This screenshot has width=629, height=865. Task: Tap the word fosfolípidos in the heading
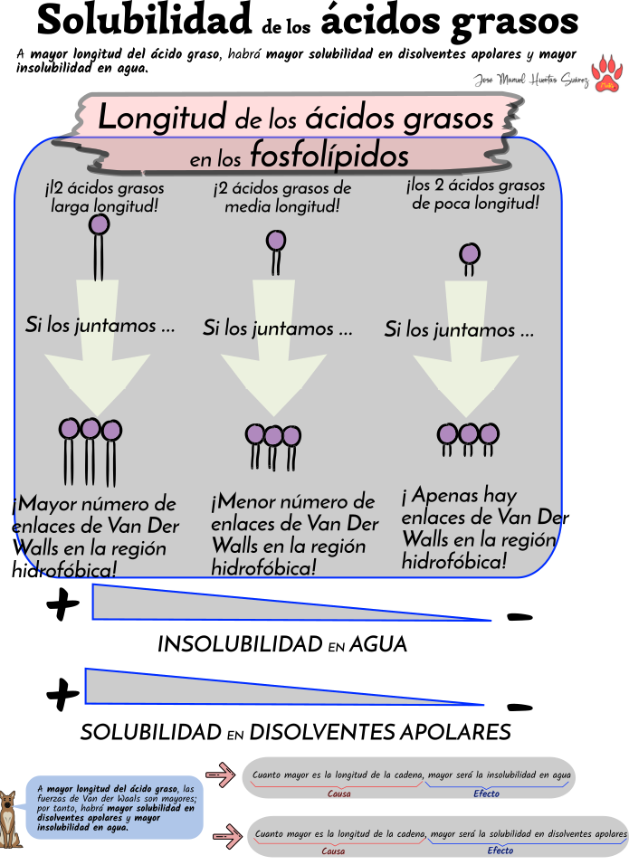click(x=329, y=156)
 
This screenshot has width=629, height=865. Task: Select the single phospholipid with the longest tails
click(x=99, y=244)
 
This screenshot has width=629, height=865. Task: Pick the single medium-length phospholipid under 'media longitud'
click(x=276, y=252)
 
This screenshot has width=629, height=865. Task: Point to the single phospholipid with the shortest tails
click(x=470, y=258)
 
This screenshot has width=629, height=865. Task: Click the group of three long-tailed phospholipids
click(x=90, y=448)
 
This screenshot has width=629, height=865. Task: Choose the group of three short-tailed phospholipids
click(x=468, y=438)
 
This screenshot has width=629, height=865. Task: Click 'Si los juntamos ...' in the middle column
click(x=277, y=328)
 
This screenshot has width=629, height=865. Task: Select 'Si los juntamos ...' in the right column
click(x=459, y=329)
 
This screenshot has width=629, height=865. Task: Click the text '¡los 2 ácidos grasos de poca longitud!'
click(x=475, y=195)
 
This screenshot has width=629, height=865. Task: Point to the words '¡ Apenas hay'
click(x=459, y=496)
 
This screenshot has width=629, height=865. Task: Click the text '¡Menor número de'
click(x=292, y=501)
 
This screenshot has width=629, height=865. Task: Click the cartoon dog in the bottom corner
click(x=10, y=820)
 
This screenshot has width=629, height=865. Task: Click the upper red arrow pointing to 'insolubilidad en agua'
click(x=219, y=775)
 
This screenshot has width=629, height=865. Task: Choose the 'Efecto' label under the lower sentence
click(x=500, y=851)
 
